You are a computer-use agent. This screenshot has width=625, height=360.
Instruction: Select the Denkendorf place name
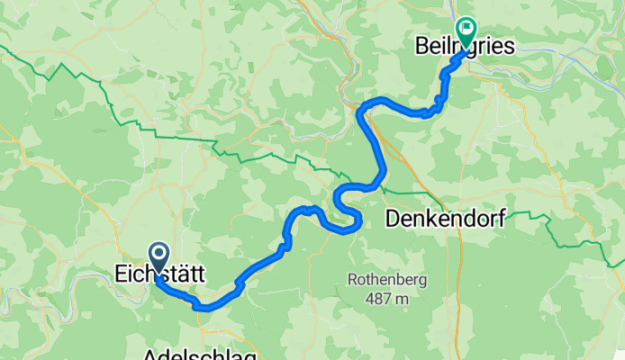(444, 218)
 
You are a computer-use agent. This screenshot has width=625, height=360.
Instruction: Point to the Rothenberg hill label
(387, 280)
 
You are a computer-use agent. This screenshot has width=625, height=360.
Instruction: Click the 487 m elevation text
(387, 298)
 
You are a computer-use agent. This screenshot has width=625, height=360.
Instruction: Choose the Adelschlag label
(198, 355)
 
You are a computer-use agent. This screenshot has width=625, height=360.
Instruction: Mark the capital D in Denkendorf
(392, 218)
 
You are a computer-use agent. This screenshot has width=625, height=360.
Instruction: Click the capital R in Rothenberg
(353, 280)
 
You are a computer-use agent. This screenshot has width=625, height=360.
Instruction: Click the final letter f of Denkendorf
(500, 218)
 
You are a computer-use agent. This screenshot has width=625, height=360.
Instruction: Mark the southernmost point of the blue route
(204, 308)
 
